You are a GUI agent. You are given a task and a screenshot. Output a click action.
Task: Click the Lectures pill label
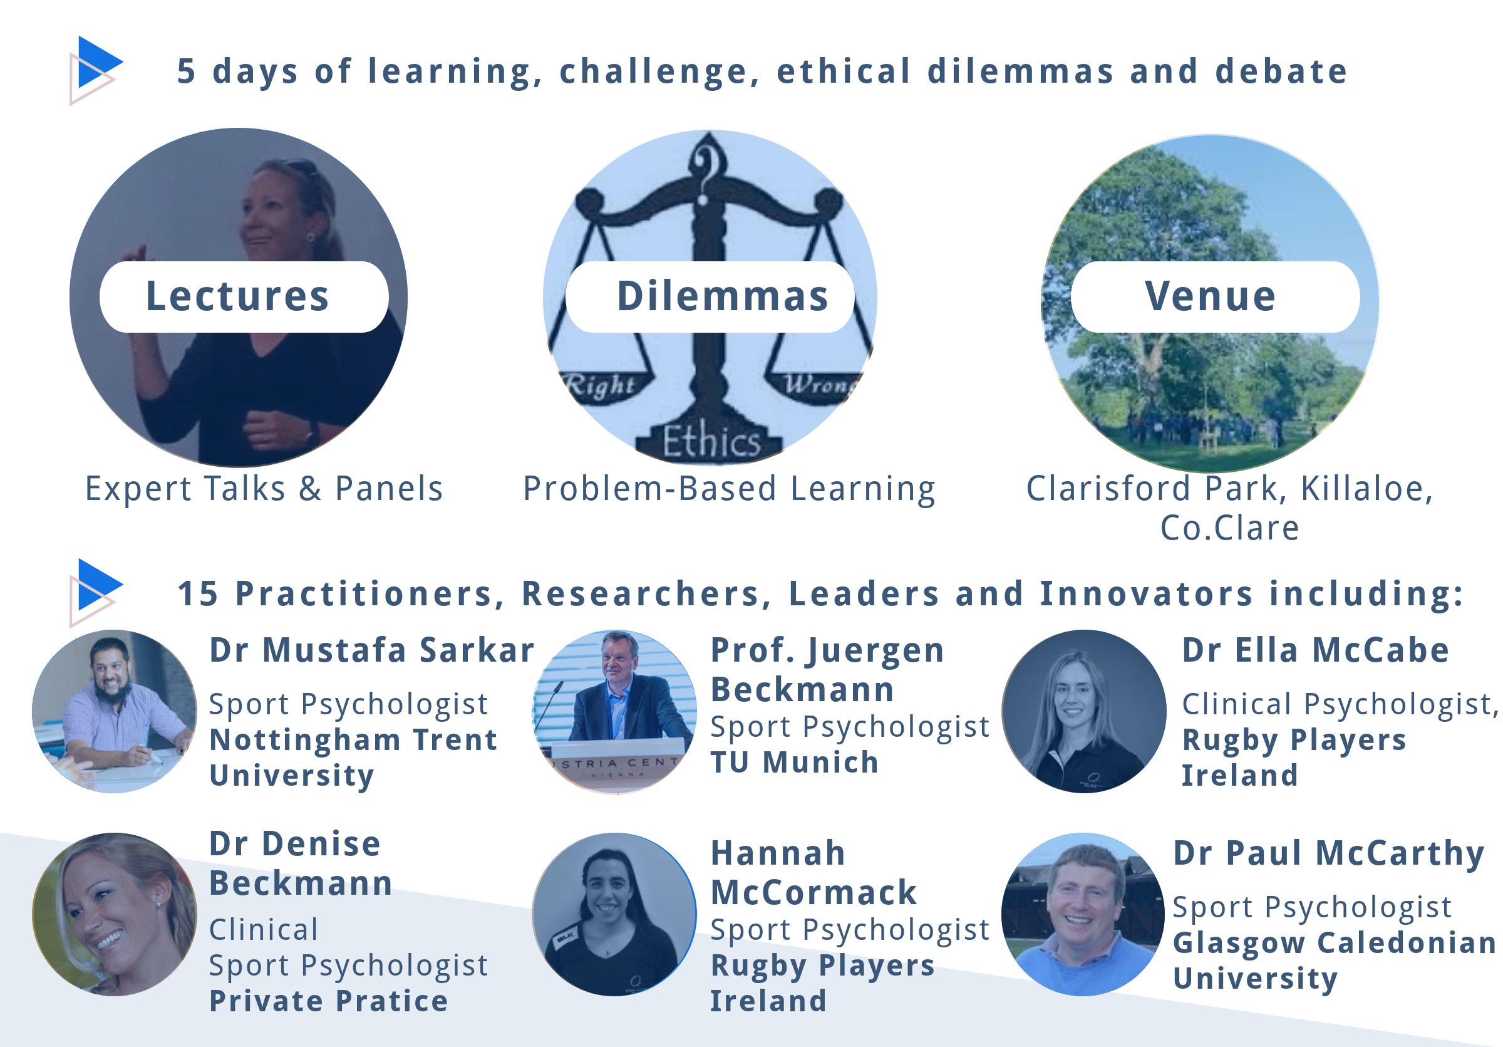244,296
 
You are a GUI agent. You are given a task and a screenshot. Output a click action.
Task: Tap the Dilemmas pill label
710,296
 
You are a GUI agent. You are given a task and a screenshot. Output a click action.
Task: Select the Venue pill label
1215,296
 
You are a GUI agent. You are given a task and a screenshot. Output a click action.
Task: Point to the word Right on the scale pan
601,384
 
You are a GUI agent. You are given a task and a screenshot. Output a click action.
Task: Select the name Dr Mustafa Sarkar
372,650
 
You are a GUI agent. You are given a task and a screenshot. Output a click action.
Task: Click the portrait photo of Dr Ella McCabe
1083,711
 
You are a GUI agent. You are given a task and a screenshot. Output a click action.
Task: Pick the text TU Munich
794,762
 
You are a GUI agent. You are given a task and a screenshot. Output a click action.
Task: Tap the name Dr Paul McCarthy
1328,853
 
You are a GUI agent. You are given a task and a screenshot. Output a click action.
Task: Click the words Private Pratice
329,1001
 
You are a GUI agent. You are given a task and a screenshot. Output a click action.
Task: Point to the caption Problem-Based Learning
729,489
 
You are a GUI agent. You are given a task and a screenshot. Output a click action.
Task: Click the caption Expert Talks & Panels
264,489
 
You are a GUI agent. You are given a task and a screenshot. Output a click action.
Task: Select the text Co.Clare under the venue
1229,528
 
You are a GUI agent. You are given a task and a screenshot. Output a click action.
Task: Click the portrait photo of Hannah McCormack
614,914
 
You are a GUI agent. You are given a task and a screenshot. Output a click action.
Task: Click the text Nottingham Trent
353,740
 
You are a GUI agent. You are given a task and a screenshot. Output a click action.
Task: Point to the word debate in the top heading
1281,71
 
